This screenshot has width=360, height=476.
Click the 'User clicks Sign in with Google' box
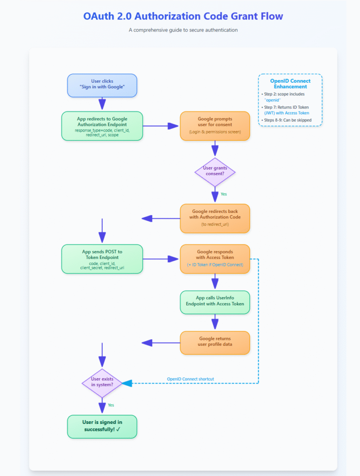point(102,85)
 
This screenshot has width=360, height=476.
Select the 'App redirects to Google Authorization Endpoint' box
point(102,126)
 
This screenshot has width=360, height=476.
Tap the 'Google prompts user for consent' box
point(215,126)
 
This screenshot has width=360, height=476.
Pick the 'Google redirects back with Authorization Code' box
point(215,218)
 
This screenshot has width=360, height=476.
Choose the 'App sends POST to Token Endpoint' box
point(102,258)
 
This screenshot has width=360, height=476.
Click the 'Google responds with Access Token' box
point(215,258)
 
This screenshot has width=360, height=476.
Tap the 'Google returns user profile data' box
point(215,343)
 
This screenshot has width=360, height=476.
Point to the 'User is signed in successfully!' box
point(102,426)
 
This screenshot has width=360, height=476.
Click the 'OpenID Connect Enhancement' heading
point(290,84)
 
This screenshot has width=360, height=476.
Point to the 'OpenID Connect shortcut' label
point(191,379)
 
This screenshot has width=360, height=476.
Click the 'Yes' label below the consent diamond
point(224,194)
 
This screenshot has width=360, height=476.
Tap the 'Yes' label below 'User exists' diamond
point(111,405)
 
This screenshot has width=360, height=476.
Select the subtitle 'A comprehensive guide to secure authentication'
point(183,30)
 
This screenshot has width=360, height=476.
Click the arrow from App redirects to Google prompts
point(161,126)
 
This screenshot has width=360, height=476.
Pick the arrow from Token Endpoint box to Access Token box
point(161,258)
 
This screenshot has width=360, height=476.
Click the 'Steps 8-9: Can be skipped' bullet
point(288,120)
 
